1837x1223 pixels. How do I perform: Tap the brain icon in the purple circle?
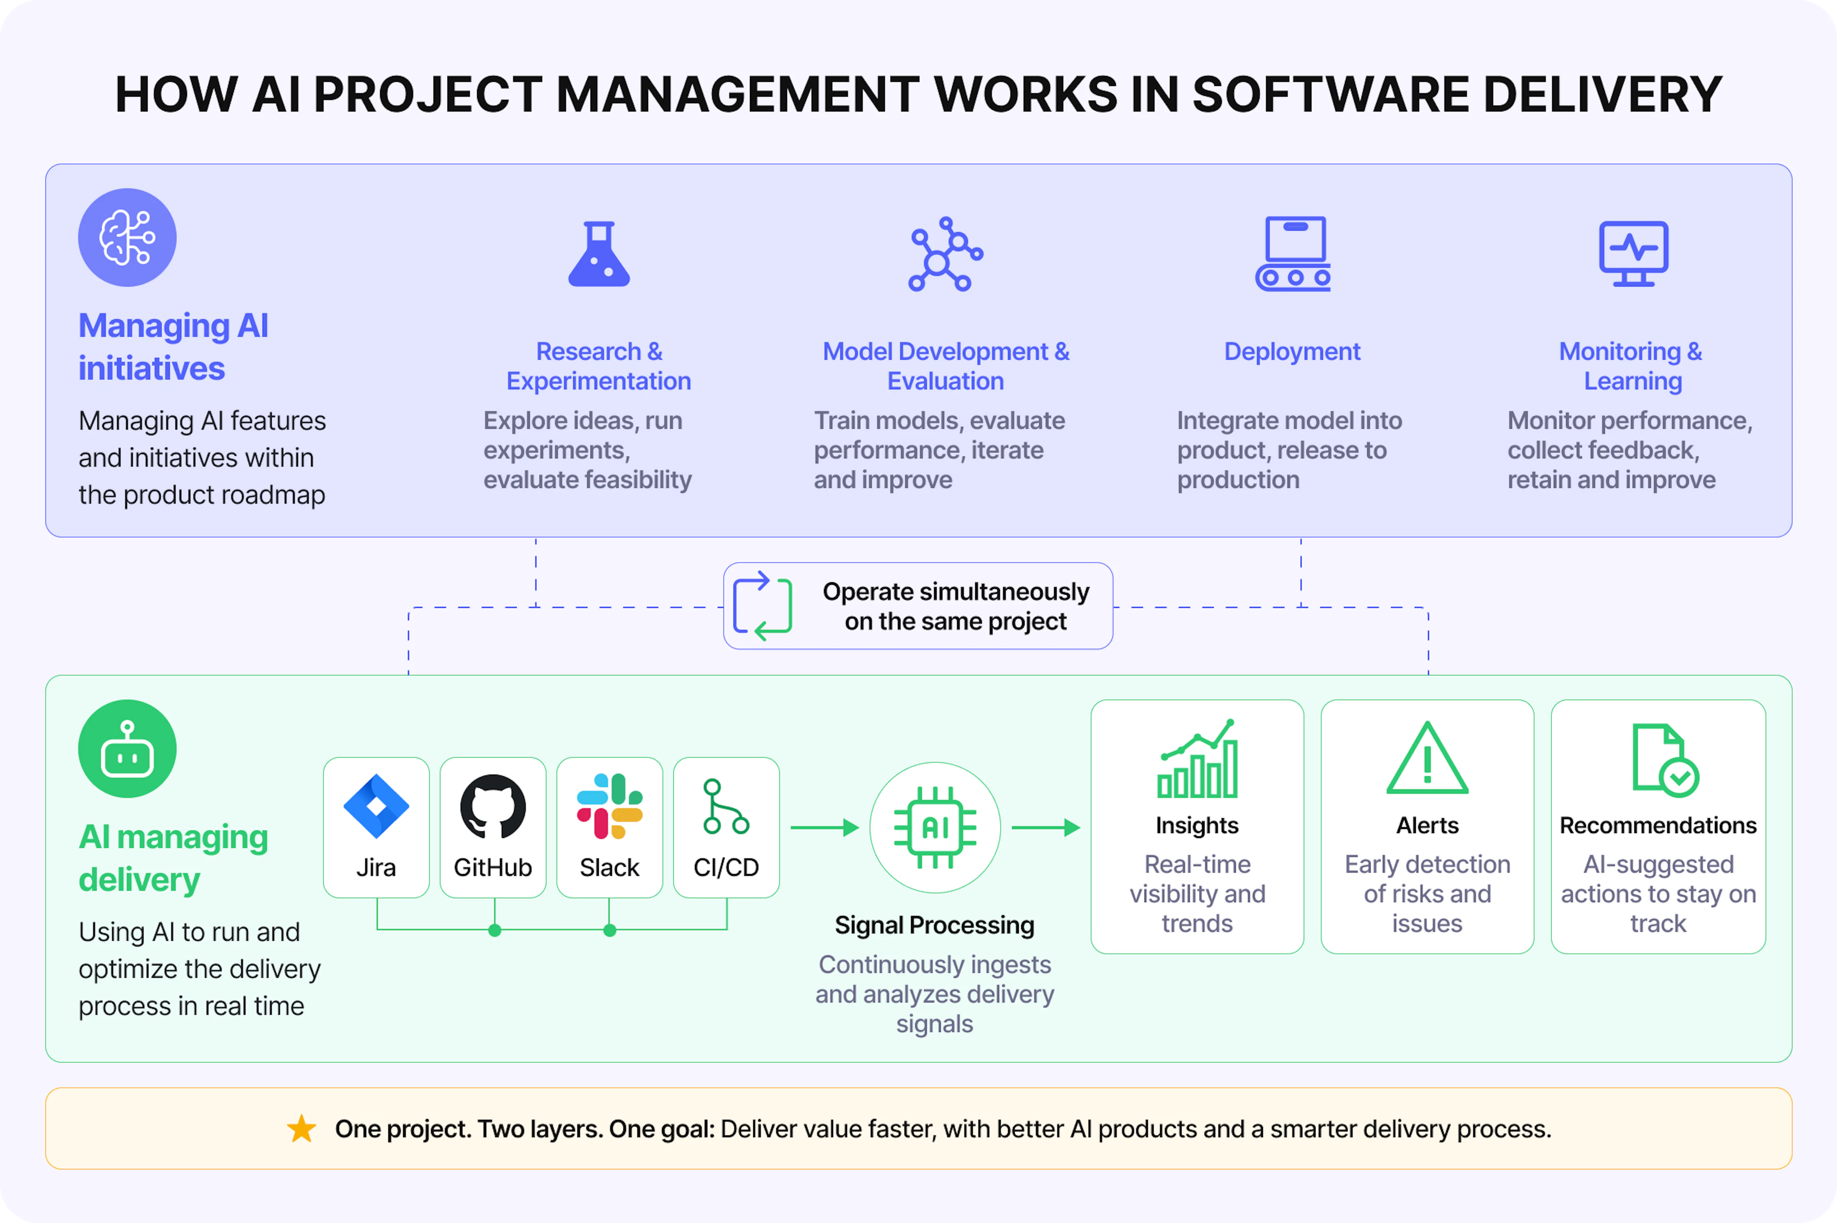tap(127, 237)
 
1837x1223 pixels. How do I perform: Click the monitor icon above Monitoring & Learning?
tap(1634, 254)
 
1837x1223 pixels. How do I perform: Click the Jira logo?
tap(376, 806)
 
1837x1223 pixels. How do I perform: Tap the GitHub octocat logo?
tap(493, 806)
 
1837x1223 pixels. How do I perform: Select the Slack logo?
tap(609, 806)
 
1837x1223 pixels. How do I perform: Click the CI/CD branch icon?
tap(725, 806)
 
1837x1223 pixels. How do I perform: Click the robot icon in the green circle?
tap(127, 749)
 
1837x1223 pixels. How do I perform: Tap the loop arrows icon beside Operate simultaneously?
tap(763, 606)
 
